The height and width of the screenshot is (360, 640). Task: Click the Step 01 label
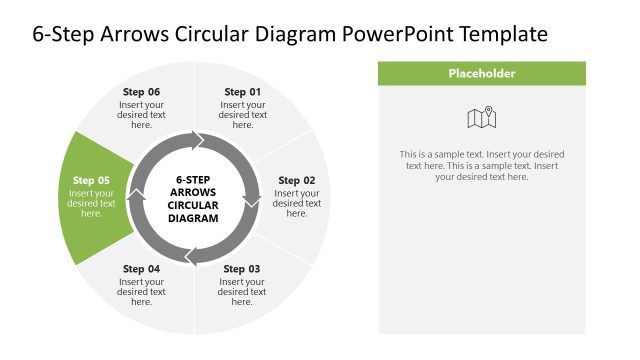242,92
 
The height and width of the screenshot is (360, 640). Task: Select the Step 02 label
296,181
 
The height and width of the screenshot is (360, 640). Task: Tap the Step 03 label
242,269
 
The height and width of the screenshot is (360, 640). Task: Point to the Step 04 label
141,269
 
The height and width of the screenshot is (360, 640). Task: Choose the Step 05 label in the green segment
91,181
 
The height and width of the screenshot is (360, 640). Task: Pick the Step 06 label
141,92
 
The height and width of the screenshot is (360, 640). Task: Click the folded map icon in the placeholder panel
482,119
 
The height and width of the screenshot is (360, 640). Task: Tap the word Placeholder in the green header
482,73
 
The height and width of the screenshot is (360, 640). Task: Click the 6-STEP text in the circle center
192,179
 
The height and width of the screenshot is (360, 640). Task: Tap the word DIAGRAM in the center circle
193,217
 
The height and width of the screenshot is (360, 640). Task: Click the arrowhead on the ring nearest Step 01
198,139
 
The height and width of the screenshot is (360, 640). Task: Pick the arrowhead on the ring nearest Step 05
135,199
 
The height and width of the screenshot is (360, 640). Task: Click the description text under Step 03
242,292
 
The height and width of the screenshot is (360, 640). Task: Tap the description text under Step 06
141,115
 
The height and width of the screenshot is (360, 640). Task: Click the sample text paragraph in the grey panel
482,166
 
